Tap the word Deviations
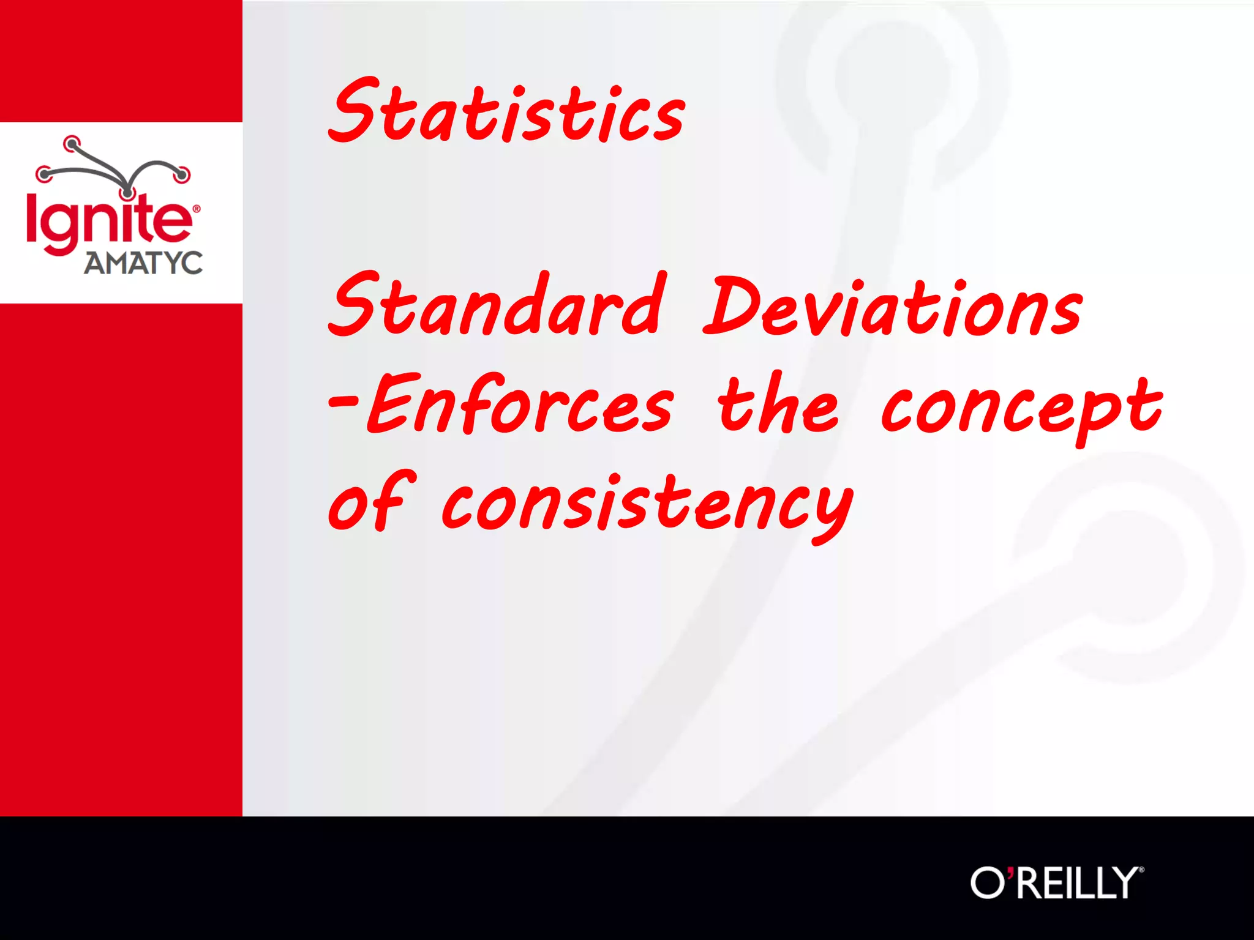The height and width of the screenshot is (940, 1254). [x=893, y=307]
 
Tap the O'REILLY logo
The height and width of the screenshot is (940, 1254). [x=1056, y=882]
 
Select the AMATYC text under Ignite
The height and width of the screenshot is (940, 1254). [x=143, y=263]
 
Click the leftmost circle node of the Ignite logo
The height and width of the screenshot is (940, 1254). [x=44, y=174]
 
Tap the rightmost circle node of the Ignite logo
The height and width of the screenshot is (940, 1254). [x=182, y=174]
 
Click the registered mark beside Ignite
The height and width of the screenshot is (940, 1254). [x=197, y=209]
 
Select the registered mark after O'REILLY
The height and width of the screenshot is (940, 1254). [x=1141, y=869]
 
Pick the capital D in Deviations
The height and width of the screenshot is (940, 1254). [x=731, y=305]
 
